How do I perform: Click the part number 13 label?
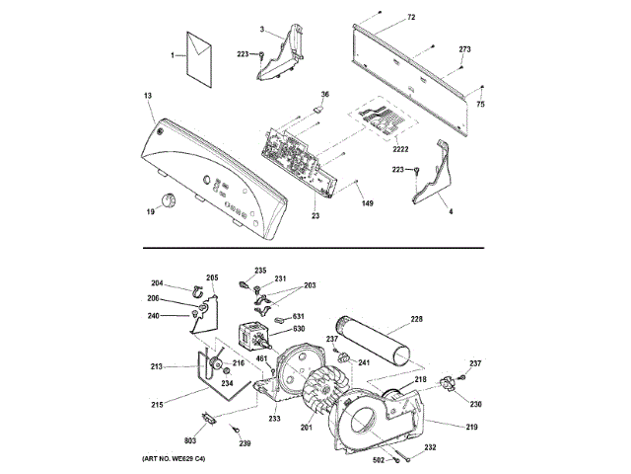[148, 96]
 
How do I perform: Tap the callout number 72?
[411, 19]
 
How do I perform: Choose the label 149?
[367, 204]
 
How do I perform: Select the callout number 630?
[299, 329]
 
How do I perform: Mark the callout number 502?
[378, 458]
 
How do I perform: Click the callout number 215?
[156, 404]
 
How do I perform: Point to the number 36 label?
[325, 95]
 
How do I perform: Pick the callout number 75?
[481, 104]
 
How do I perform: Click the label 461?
[262, 359]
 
